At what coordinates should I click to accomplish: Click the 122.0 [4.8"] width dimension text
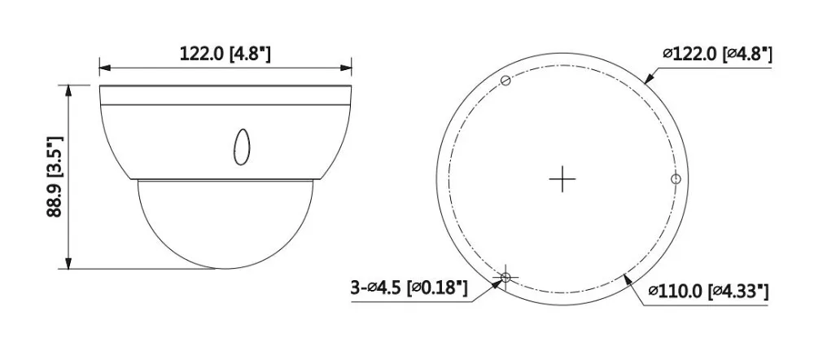click(225, 53)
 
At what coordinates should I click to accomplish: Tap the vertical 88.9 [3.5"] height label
click(55, 177)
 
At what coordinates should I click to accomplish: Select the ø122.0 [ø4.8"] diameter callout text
click(717, 54)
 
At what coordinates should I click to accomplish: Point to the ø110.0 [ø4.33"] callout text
click(708, 292)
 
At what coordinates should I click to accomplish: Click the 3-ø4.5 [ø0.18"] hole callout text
click(409, 287)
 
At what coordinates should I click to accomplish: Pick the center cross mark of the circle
click(562, 179)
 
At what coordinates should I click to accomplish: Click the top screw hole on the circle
click(505, 80)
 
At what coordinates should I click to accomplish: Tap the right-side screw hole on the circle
click(676, 179)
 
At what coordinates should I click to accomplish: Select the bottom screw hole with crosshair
click(506, 278)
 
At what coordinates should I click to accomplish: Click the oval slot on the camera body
click(242, 147)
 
